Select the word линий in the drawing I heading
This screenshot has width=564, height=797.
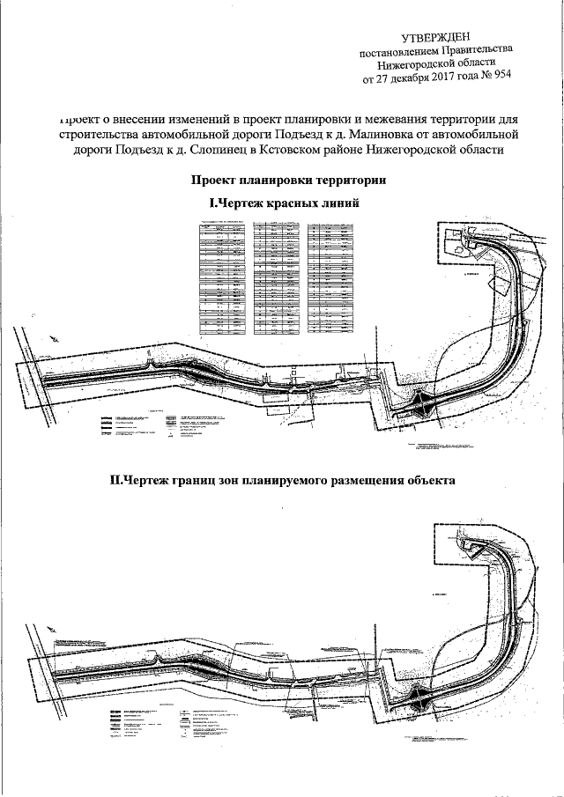(344, 203)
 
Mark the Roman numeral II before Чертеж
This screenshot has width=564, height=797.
(115, 482)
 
